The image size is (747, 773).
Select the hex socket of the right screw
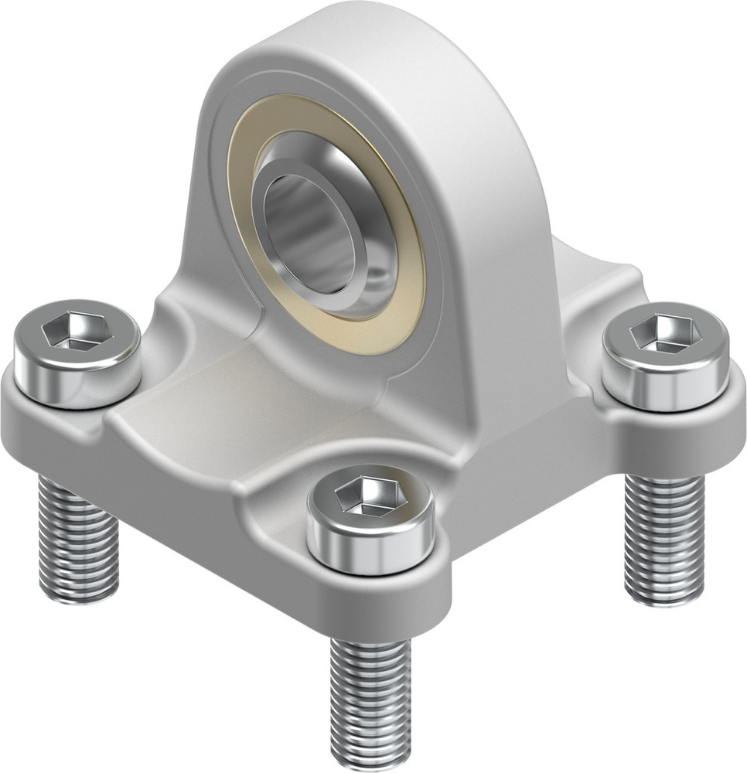pyautogui.click(x=663, y=334)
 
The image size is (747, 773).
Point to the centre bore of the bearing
pyautogui.click(x=309, y=224)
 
